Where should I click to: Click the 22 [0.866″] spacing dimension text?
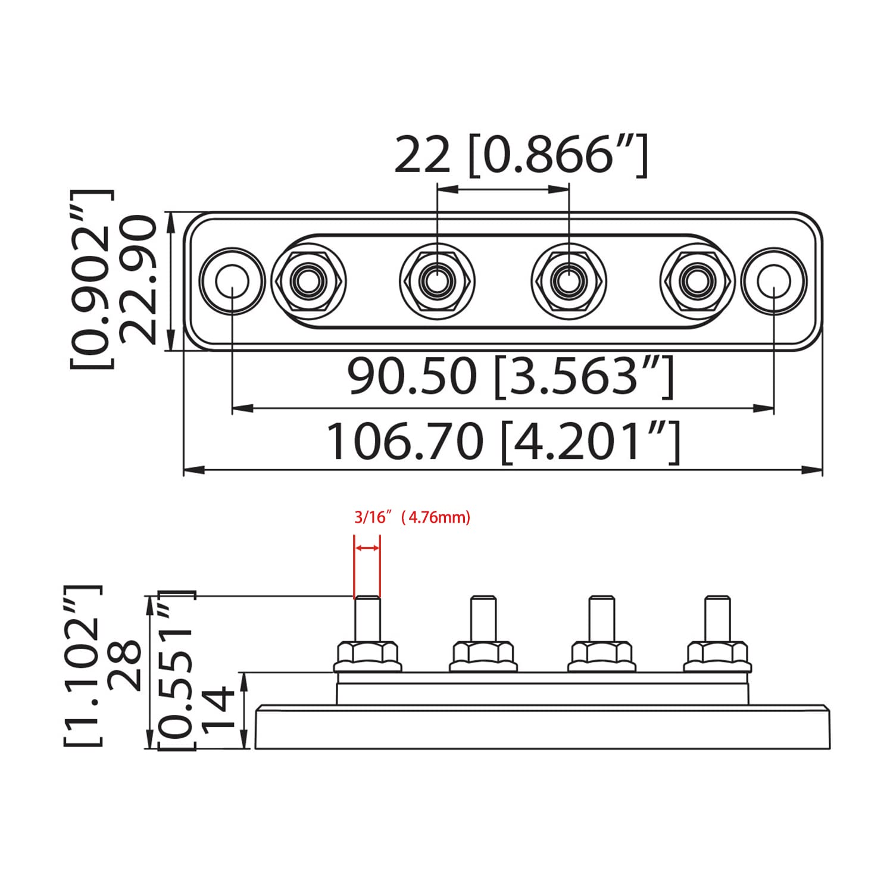(x=521, y=155)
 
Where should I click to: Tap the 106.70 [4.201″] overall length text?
(x=503, y=442)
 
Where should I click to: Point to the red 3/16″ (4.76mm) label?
(x=412, y=517)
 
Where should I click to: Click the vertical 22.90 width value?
(x=138, y=280)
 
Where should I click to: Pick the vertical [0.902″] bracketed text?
(x=92, y=280)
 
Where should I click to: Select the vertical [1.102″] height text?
(x=83, y=666)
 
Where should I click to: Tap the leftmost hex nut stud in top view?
(x=308, y=280)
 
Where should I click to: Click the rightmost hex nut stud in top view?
(x=697, y=280)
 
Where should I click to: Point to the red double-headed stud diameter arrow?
(x=367, y=548)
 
